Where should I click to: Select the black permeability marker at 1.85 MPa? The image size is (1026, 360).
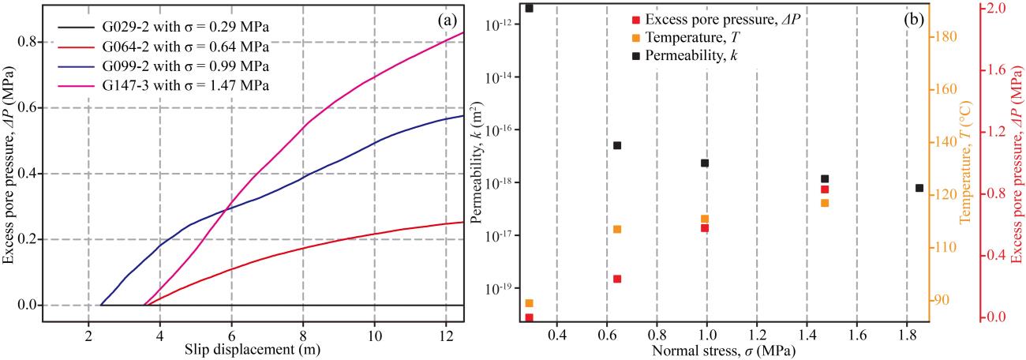coord(919,188)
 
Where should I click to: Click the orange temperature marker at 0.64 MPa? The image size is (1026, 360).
coord(617,229)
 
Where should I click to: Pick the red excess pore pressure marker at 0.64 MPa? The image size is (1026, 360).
coord(617,279)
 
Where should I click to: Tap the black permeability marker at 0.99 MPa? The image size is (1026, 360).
coord(705,163)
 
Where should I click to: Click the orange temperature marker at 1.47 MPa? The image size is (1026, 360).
coord(825,203)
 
